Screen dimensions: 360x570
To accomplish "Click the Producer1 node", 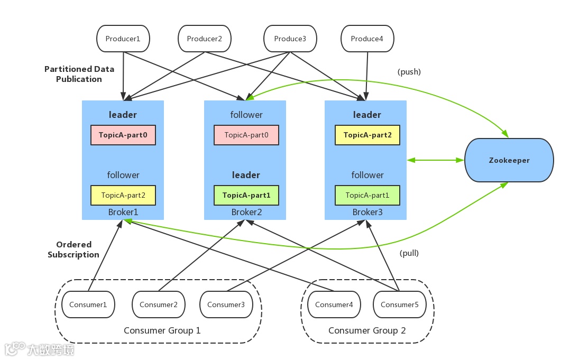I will pos(123,39).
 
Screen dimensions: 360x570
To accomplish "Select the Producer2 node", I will pos(205,39).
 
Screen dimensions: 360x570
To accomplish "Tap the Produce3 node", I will pos(290,39).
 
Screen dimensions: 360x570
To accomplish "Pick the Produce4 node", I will pos(367,39).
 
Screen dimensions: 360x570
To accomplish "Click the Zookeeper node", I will pos(509,160).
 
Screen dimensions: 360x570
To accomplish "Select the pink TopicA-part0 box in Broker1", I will pos(123,135).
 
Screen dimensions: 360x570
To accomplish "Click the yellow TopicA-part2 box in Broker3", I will pos(367,135).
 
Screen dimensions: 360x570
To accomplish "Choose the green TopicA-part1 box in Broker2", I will pos(246,195).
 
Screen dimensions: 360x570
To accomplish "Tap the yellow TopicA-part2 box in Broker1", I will pos(123,195).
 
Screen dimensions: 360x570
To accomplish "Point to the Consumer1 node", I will pos(88,304).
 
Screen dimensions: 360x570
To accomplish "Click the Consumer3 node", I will pos(226,304).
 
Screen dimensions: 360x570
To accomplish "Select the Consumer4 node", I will pos(334,304).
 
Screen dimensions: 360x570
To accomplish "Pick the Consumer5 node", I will pos(399,304).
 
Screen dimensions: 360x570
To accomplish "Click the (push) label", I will pos(409,72).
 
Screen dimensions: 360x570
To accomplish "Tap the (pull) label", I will pos(409,253).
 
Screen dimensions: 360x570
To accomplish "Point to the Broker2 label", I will pos(246,213).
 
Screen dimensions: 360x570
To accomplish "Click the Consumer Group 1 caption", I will pos(162,331).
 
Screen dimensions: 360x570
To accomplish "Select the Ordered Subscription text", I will pos(73,250).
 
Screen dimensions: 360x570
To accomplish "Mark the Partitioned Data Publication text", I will pos(79,74).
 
